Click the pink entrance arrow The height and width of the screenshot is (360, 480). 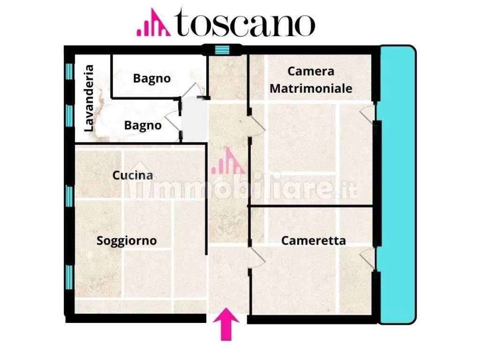(x=226, y=324)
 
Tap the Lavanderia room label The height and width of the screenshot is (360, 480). (x=89, y=98)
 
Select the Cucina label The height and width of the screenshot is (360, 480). (x=133, y=175)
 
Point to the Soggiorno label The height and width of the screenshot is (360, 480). (x=127, y=240)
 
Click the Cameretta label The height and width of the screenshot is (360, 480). (x=314, y=240)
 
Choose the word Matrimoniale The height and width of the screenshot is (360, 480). (x=311, y=89)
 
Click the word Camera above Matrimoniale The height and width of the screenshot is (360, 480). (x=311, y=71)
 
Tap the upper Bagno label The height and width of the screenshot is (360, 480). (x=151, y=78)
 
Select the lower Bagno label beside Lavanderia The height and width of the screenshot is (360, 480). (x=142, y=126)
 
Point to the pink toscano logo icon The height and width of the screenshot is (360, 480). (x=153, y=22)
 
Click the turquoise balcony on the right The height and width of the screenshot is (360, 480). (x=397, y=185)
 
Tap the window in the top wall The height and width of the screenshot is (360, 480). (x=222, y=50)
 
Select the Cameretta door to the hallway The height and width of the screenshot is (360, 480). (x=257, y=258)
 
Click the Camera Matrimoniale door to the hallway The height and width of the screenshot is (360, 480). (x=257, y=126)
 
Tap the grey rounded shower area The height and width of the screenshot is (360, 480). (x=195, y=119)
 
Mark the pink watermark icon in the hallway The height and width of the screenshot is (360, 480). (x=228, y=161)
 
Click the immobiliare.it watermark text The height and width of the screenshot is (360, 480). (x=242, y=186)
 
